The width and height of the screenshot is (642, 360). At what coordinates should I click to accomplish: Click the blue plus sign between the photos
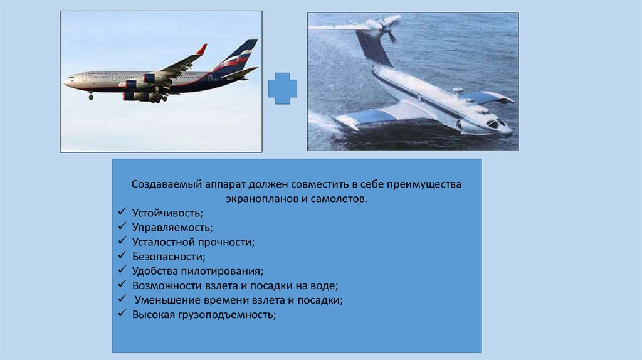(x=283, y=88)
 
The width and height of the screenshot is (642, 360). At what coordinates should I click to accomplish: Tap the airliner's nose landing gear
(x=91, y=96)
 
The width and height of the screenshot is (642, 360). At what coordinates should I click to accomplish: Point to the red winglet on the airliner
(x=201, y=50)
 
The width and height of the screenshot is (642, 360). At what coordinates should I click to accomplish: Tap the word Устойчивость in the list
(x=167, y=213)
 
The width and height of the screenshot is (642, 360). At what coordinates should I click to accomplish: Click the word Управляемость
(x=172, y=228)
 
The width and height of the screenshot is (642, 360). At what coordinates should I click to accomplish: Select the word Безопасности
(x=169, y=257)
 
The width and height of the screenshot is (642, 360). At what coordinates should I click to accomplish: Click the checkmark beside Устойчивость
(x=122, y=212)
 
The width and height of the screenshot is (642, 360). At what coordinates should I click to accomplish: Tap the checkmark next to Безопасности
(x=122, y=255)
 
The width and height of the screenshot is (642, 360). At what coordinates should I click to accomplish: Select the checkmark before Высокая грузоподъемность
(x=122, y=314)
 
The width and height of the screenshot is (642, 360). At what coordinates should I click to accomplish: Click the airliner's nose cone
(x=65, y=82)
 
